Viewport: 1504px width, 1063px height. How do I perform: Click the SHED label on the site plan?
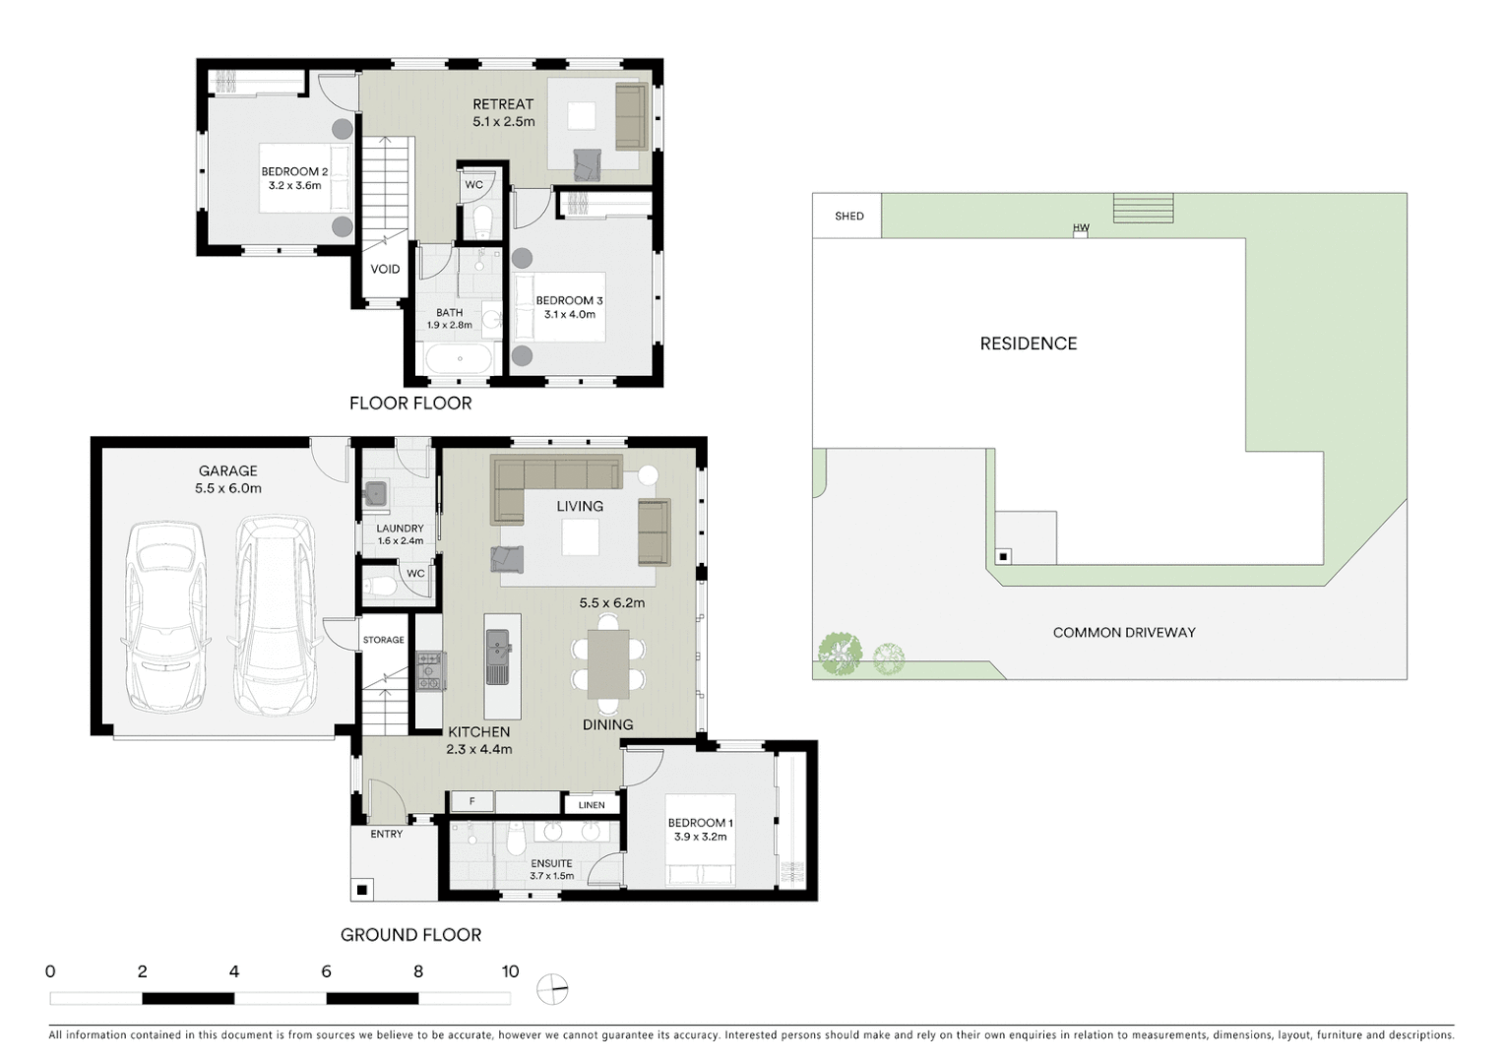[x=848, y=217]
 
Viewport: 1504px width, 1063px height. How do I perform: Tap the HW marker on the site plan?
[x=1081, y=228]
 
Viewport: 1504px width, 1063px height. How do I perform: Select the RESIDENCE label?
[x=1028, y=344]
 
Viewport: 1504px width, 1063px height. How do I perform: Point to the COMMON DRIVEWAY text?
[x=1123, y=633]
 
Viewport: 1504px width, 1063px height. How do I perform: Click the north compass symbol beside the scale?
[x=553, y=988]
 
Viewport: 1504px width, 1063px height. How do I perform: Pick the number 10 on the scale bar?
[x=510, y=971]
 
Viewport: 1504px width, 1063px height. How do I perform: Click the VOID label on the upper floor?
[x=385, y=269]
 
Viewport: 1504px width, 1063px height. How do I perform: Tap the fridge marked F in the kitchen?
[x=472, y=802]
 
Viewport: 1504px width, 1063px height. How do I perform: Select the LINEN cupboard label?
[x=592, y=805]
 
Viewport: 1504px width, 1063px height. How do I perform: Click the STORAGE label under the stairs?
[x=383, y=640]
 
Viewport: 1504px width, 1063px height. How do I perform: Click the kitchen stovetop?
[x=430, y=670]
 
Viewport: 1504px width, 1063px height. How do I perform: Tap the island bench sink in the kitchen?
[x=499, y=650]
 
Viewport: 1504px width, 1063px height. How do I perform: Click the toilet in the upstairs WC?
[x=482, y=221]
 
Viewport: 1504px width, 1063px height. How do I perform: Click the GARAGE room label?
[x=227, y=471]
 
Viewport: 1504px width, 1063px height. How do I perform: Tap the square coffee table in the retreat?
[x=581, y=116]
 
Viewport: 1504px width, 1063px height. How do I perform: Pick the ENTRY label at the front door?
[x=386, y=834]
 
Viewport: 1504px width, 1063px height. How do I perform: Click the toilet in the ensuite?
[x=514, y=842]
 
